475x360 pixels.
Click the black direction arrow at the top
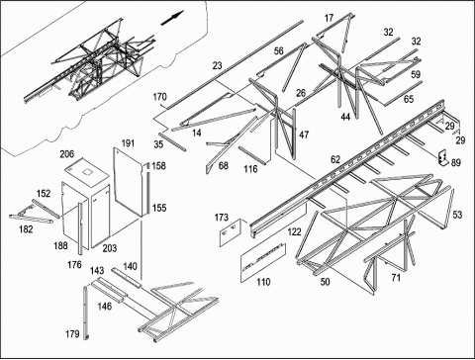coord(172,18)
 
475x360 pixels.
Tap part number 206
coord(67,154)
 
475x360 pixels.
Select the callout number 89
coord(456,162)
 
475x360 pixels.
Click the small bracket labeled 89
coord(443,158)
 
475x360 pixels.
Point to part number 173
coord(222,218)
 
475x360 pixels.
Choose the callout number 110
coord(263,282)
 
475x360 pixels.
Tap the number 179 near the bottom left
coord(72,334)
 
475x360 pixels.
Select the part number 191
coord(128,143)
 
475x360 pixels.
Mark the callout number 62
coord(335,159)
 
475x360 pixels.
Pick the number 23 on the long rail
coord(217,66)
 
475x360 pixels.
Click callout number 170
coord(160,97)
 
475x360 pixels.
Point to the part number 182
coord(26,228)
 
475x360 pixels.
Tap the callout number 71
coord(396,278)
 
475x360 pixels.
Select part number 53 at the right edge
coord(457,215)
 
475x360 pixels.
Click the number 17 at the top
coord(329,18)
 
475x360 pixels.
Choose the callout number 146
coord(105,307)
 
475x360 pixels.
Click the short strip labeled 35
coord(172,141)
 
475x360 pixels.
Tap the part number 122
coord(294,231)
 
